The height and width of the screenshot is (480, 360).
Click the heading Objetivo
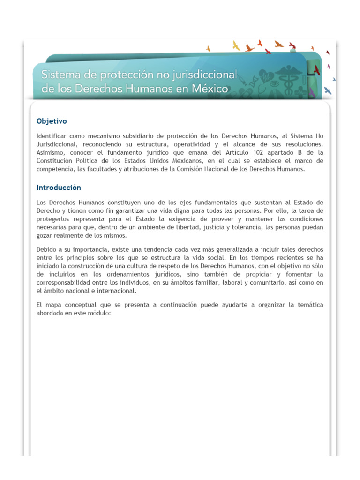click(52, 121)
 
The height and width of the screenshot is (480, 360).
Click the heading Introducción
click(59, 187)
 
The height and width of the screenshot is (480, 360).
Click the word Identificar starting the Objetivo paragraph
click(52, 135)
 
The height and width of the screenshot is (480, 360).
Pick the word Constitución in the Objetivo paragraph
click(55, 161)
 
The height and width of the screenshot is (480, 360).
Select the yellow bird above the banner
click(236, 45)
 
